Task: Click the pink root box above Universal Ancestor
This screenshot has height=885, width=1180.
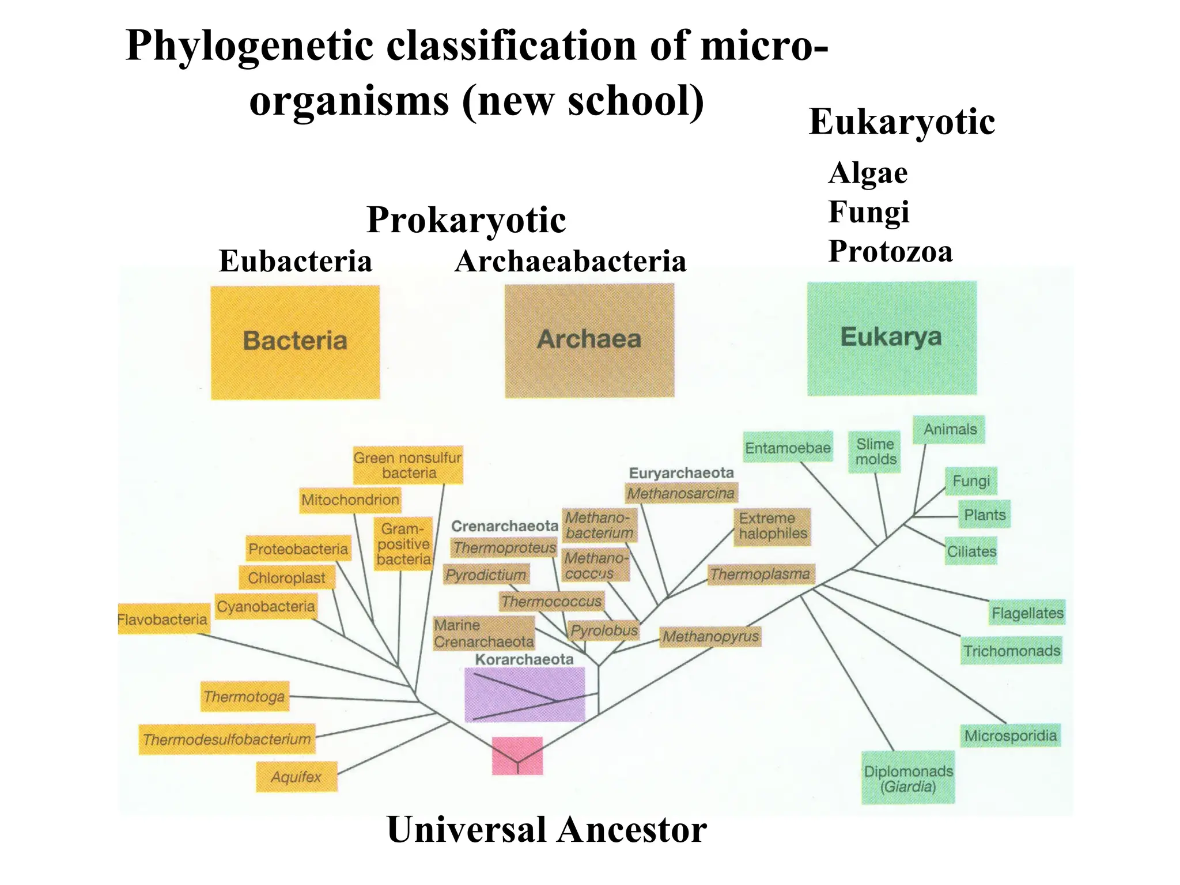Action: [x=517, y=755]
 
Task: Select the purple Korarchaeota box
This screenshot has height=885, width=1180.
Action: [x=524, y=694]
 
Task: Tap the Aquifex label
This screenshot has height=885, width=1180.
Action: [x=296, y=777]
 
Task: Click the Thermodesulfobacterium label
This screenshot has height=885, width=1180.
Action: [x=227, y=739]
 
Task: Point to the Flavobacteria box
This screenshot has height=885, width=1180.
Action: [x=163, y=619]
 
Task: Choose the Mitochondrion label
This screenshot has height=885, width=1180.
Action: [x=350, y=500]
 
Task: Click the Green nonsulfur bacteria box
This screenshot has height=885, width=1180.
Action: [x=408, y=465]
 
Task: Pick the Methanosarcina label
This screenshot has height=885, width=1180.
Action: [x=681, y=493]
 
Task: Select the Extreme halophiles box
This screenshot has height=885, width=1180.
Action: [x=772, y=526]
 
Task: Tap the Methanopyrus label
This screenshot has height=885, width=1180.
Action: [x=710, y=636]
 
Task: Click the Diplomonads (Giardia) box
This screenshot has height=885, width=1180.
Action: [x=908, y=778]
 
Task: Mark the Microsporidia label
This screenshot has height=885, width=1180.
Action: [x=1010, y=735]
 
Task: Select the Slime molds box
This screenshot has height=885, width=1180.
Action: [x=875, y=452]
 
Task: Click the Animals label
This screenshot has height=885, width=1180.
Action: [x=950, y=429]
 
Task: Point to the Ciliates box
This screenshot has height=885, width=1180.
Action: [x=971, y=551]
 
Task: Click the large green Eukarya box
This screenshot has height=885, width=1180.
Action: [x=891, y=338]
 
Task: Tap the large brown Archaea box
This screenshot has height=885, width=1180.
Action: [x=589, y=340]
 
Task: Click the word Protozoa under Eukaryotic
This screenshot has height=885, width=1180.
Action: [x=890, y=251]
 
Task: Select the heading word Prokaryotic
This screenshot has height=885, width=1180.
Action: [x=466, y=220]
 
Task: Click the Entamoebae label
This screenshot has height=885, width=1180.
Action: [x=788, y=448]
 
